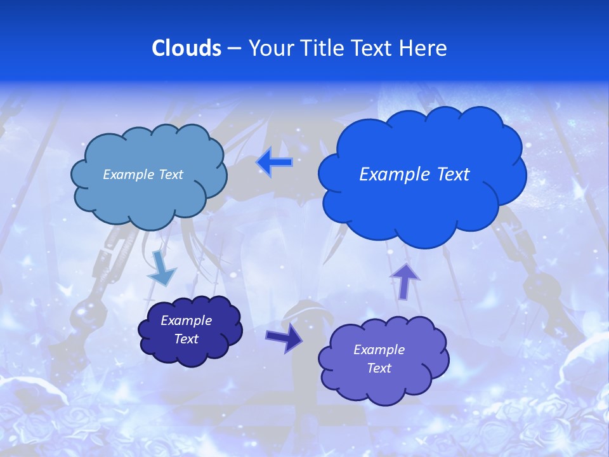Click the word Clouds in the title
tap(186, 48)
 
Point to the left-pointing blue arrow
tap(274, 162)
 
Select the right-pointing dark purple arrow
tap(284, 338)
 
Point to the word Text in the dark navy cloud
tap(186, 339)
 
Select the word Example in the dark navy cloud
tap(186, 321)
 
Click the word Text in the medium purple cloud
tap(379, 368)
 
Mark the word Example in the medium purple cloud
tap(379, 350)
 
